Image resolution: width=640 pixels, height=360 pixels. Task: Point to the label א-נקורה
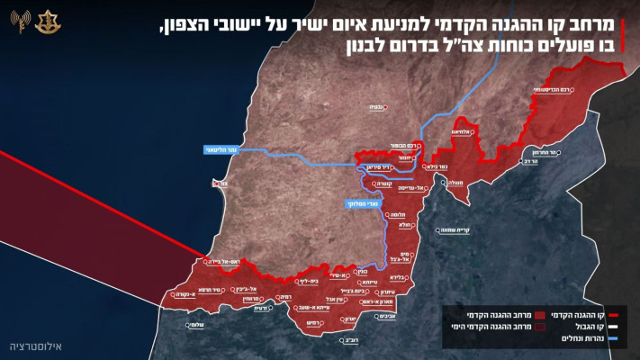click(185, 294)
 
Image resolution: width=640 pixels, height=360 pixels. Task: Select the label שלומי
click(194, 324)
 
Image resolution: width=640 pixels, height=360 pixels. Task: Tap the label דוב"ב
click(352, 342)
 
